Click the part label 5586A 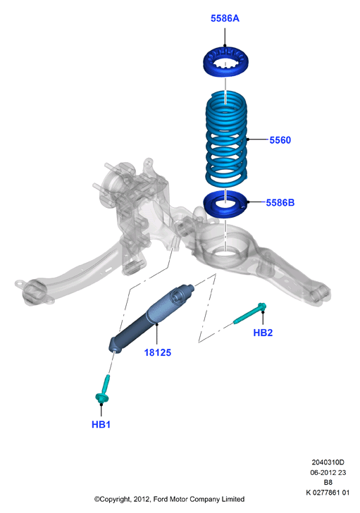[225, 18]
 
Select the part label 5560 [280, 140]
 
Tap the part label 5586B [280, 202]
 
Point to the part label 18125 [158, 352]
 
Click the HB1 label [101, 424]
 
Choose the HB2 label [263, 333]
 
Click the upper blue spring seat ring [225, 61]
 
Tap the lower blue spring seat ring [226, 204]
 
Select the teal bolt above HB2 [250, 313]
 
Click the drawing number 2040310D [328, 462]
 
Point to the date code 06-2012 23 [328, 472]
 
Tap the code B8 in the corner [328, 482]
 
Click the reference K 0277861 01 [328, 493]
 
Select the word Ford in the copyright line [161, 499]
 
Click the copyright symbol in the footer [97, 499]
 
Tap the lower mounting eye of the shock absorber [115, 347]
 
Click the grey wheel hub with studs [114, 183]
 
